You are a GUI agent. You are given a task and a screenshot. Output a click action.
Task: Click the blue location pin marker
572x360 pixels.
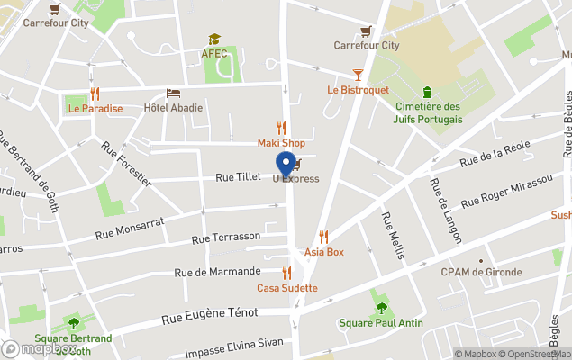click(286, 165)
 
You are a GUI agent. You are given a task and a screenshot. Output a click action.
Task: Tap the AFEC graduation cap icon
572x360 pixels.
click(214, 40)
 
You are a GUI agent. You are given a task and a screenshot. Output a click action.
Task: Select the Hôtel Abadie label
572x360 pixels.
click(174, 108)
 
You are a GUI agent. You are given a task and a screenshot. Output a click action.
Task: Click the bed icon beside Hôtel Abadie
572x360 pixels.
click(173, 94)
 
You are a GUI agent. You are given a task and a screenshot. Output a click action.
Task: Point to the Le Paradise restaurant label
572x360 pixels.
click(95, 108)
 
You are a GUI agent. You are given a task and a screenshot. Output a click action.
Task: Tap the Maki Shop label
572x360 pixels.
click(281, 143)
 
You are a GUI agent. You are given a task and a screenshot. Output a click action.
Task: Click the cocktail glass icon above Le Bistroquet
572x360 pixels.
click(358, 75)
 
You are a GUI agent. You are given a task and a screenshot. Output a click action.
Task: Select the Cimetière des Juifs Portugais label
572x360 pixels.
click(429, 112)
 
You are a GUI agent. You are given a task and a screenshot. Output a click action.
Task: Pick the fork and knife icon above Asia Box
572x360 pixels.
click(323, 237)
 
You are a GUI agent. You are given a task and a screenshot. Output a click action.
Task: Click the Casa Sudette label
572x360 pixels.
click(287, 288)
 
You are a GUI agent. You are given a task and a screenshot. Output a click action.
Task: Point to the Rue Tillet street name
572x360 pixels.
click(238, 178)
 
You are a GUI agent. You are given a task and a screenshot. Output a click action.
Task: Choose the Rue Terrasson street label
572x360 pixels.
click(226, 238)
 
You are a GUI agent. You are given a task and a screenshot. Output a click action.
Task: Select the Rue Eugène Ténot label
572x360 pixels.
click(210, 314)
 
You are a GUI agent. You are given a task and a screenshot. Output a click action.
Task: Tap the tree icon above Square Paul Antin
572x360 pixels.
click(382, 308)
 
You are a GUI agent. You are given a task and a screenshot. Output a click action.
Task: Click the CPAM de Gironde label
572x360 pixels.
click(481, 273)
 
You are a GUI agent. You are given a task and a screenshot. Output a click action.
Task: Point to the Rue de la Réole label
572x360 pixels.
click(495, 153)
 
